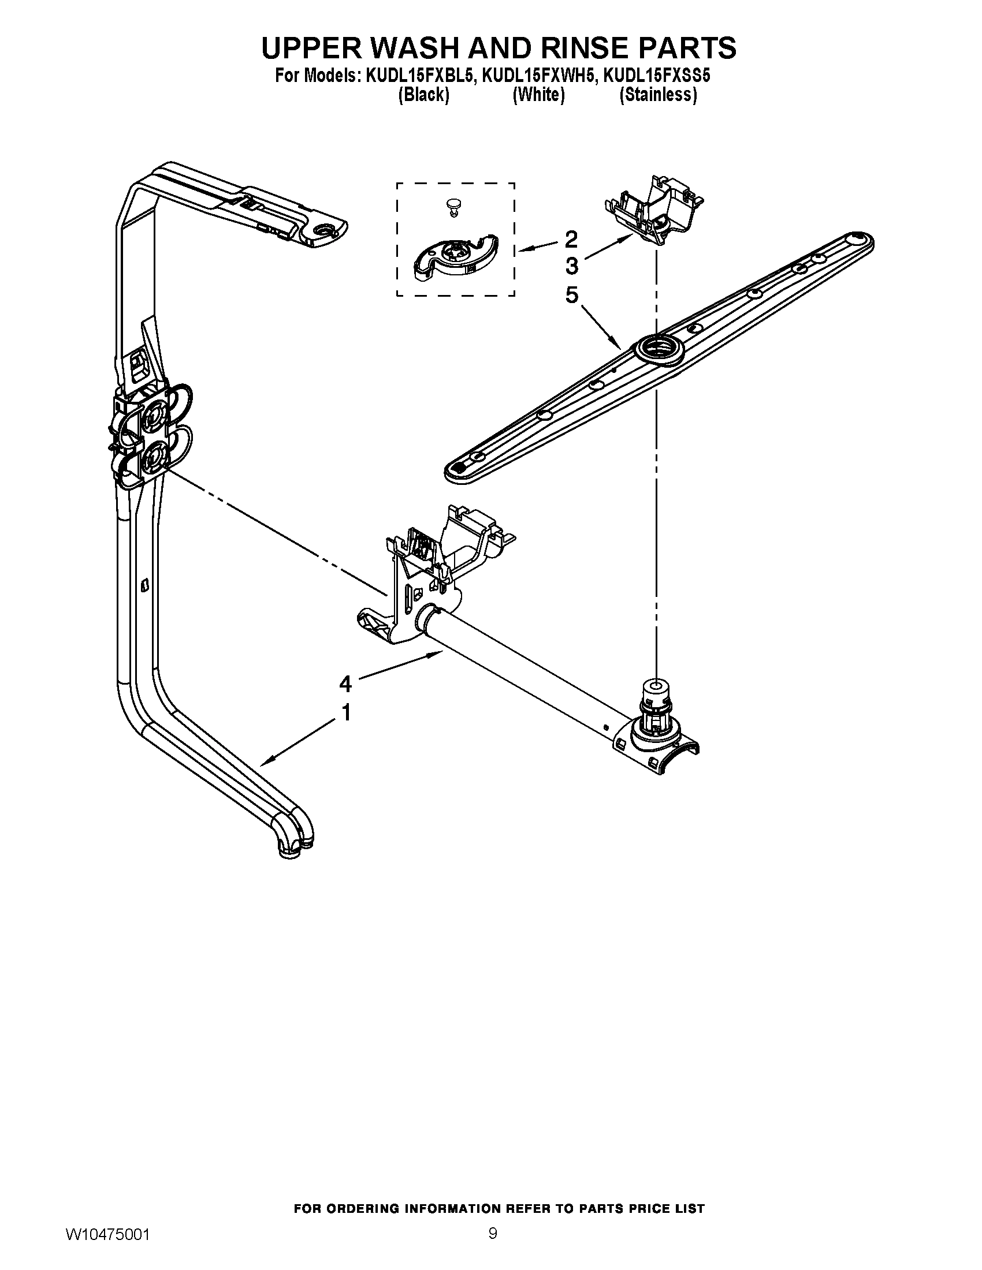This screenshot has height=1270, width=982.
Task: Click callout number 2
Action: (571, 238)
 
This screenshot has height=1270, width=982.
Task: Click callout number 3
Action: (571, 266)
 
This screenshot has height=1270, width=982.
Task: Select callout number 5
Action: (571, 296)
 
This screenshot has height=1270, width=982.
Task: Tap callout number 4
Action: (345, 684)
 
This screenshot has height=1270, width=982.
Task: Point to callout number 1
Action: (345, 712)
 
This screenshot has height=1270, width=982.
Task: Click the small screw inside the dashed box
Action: (452, 207)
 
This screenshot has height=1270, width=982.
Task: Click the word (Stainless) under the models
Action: (658, 95)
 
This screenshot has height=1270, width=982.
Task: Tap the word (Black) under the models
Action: (423, 95)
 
